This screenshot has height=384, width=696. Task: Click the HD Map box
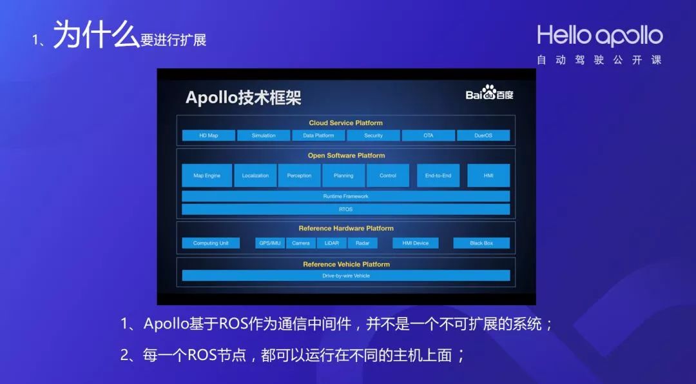pyautogui.click(x=209, y=136)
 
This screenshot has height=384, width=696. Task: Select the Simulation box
pyautogui.click(x=264, y=136)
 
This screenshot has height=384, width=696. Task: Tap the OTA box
pyautogui.click(x=429, y=136)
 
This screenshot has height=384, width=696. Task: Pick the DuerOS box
pyautogui.click(x=483, y=136)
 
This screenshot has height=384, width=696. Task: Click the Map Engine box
pyautogui.click(x=207, y=176)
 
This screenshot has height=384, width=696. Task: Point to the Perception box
pyautogui.click(x=299, y=176)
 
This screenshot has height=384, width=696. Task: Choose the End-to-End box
pyautogui.click(x=438, y=176)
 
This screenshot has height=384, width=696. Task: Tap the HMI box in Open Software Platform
pyautogui.click(x=488, y=176)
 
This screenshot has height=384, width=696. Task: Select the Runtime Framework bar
pyautogui.click(x=346, y=196)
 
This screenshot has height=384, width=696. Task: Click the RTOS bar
pyautogui.click(x=346, y=209)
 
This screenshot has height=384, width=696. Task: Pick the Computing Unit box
pyautogui.click(x=211, y=243)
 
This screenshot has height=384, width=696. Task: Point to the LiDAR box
pyautogui.click(x=332, y=243)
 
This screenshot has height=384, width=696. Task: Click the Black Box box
pyautogui.click(x=481, y=243)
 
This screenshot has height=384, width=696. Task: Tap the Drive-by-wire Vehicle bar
pyautogui.click(x=346, y=276)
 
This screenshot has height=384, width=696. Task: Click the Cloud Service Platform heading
pyautogui.click(x=346, y=123)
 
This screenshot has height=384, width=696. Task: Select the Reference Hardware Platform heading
pyautogui.click(x=346, y=228)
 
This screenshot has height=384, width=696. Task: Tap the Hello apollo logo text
pyautogui.click(x=600, y=35)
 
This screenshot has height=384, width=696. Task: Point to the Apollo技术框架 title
pyautogui.click(x=243, y=97)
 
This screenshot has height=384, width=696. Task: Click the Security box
pyautogui.click(x=373, y=136)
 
